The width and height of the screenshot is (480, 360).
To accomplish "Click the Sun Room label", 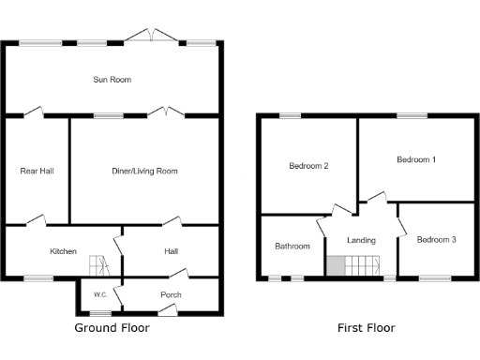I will pyautogui.click(x=112, y=80).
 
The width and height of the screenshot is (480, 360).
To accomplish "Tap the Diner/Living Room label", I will pyautogui.click(x=144, y=171).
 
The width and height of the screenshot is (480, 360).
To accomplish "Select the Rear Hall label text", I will pyautogui.click(x=37, y=171).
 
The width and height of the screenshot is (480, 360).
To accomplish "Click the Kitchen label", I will pyautogui.click(x=63, y=251).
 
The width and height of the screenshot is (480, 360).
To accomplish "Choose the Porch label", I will pyautogui.click(x=171, y=295).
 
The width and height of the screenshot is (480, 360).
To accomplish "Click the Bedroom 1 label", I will pyautogui.click(x=415, y=159).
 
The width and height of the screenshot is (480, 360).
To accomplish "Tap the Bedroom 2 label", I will pyautogui.click(x=308, y=166).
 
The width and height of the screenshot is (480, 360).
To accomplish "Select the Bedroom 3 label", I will pyautogui.click(x=436, y=240).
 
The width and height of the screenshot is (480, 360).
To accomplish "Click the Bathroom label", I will pyautogui.click(x=292, y=247).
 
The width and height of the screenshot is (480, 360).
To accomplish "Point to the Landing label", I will pyautogui.click(x=361, y=240).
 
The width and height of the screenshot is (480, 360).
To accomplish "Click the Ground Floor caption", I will pyautogui.click(x=112, y=329).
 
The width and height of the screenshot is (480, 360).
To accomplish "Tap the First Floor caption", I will pyautogui.click(x=366, y=329).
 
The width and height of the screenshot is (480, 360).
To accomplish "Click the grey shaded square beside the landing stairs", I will pyautogui.click(x=335, y=266).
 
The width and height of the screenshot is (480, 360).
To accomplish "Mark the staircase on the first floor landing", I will pyautogui.click(x=360, y=266).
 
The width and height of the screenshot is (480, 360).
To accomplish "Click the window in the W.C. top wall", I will pyautogui.click(x=96, y=278).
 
